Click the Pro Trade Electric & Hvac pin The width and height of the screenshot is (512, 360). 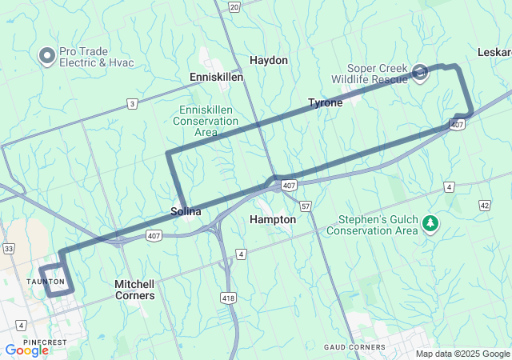coord(47,56)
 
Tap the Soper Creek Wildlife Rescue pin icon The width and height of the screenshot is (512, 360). coord(421,74)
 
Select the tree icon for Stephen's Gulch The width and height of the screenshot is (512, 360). coord(431,222)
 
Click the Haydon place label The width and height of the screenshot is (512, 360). coord(268,60)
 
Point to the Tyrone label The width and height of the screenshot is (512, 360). coord(326,102)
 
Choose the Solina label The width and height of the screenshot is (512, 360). coord(186,212)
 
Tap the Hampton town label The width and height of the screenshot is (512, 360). coord(273,219)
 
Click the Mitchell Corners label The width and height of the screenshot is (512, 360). coord(134,290)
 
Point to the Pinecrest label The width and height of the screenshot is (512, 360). coord(46,342)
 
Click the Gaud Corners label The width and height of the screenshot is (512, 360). coord(354,347)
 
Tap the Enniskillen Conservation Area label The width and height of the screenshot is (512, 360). coord(206,121)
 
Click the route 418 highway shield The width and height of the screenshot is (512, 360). coord(228,298)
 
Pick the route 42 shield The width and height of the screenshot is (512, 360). coord(485,206)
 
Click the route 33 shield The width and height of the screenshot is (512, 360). coord(8,249)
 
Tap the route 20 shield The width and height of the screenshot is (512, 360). coord(234,6)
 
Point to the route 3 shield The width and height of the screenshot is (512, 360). coord(131,103)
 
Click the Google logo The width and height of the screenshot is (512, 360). coord(26,350)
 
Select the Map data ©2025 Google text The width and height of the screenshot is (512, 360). coord(462,354)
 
